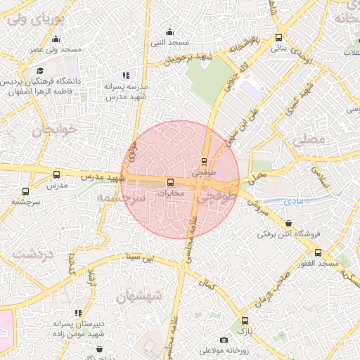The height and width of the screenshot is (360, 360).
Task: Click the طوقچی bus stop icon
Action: [205, 161]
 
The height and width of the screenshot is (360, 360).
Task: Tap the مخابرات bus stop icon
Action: [169, 182]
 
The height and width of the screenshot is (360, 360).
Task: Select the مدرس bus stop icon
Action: [56, 174]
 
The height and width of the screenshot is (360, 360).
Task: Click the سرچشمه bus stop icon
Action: [26, 191]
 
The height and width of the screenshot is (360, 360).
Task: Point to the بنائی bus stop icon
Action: [279, 38]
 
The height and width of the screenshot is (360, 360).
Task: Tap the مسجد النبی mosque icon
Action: [169, 32]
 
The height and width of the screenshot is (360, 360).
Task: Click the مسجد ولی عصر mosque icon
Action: [56, 39]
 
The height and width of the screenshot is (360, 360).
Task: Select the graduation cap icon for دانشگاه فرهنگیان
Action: [40, 71]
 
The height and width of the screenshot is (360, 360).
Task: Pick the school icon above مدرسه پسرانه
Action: [126, 75]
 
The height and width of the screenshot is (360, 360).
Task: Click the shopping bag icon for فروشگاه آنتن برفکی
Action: [289, 224]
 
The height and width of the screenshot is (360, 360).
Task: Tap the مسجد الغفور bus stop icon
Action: [318, 252]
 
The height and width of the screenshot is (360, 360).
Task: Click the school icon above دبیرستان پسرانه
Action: [78, 313]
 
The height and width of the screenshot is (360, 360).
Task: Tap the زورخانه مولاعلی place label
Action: [221, 349]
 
